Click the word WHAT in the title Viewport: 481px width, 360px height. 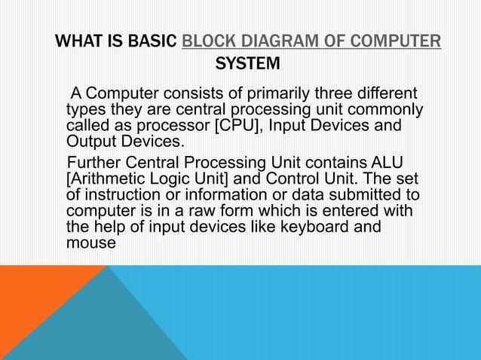tap(75, 40)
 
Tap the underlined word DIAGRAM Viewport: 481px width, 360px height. tap(279, 40)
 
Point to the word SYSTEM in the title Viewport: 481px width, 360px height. tap(248, 65)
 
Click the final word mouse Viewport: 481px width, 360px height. tap(90, 243)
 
